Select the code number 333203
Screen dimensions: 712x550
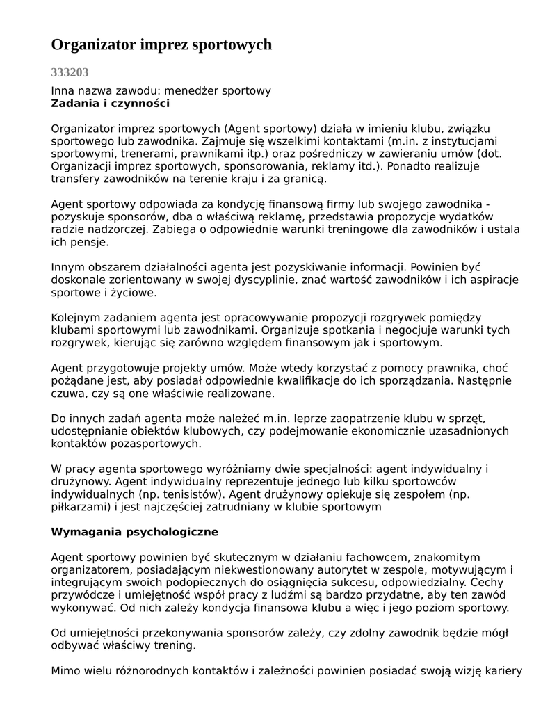[70, 72]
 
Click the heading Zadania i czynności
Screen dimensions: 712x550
[111, 104]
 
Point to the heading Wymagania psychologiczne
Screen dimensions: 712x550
[135, 532]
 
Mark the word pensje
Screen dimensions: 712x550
[89, 243]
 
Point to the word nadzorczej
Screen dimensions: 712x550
[111, 229]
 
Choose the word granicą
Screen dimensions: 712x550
[303, 179]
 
